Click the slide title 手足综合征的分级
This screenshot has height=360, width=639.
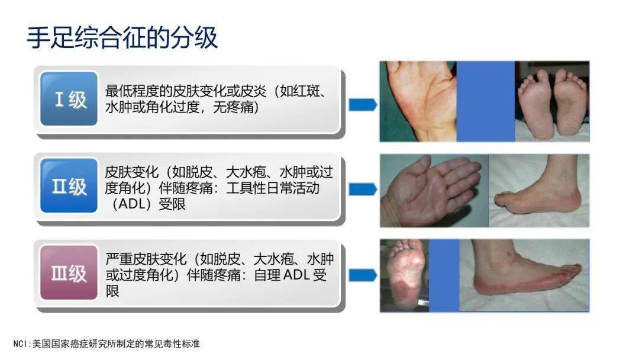122,37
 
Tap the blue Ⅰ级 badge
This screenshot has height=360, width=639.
69,99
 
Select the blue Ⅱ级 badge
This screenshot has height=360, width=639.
69,186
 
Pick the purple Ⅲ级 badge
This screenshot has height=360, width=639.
69,273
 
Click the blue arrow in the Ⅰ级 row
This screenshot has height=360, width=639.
362,105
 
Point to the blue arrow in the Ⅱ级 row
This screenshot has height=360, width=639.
362,189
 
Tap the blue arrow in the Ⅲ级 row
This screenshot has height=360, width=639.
362,275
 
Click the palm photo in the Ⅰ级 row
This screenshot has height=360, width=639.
418,101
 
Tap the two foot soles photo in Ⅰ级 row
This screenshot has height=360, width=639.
551,101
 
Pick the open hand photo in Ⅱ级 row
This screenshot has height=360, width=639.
434,190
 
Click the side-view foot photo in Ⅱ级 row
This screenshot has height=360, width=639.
539,190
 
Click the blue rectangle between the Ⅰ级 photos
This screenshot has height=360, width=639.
485,101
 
